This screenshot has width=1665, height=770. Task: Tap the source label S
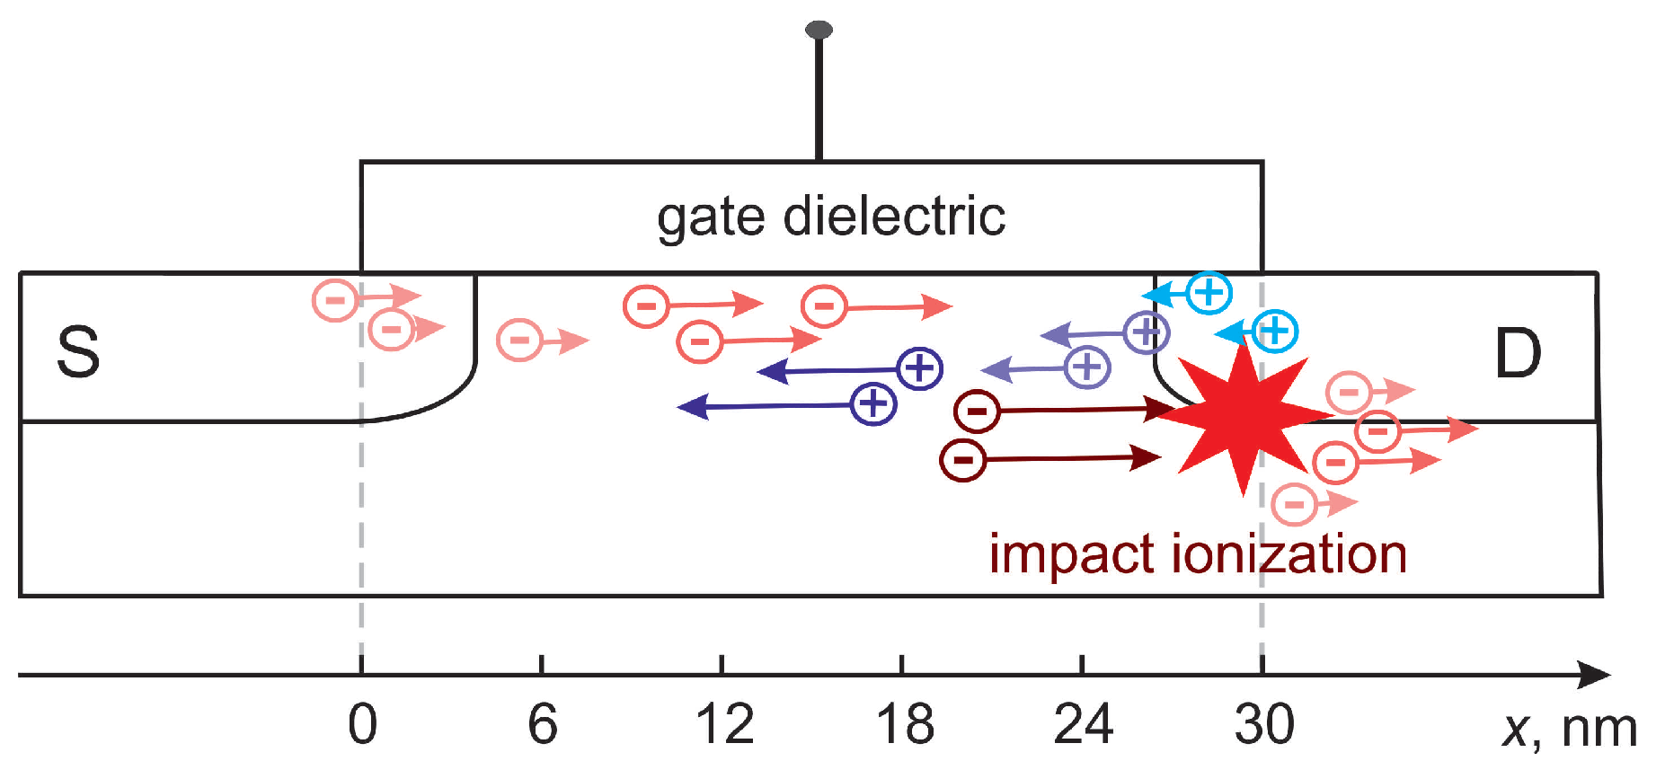(x=78, y=351)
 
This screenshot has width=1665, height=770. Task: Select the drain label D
(x=1518, y=353)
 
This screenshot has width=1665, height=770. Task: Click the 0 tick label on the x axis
(x=362, y=724)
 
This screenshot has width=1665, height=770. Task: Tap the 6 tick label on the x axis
(x=542, y=724)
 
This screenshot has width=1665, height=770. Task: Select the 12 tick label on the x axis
(x=724, y=724)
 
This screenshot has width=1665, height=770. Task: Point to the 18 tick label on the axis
(x=904, y=724)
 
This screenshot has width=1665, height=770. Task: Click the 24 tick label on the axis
(x=1083, y=724)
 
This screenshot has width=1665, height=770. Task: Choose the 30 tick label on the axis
(x=1263, y=724)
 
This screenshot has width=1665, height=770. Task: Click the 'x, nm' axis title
(x=1569, y=728)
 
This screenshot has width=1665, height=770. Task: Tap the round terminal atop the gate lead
(x=819, y=31)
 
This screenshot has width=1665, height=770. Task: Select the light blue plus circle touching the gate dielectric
(x=1209, y=292)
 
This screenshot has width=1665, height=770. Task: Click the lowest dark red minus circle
(x=963, y=461)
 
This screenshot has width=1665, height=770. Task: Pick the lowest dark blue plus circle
(x=873, y=403)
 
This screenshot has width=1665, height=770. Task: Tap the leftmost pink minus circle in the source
(x=335, y=299)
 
